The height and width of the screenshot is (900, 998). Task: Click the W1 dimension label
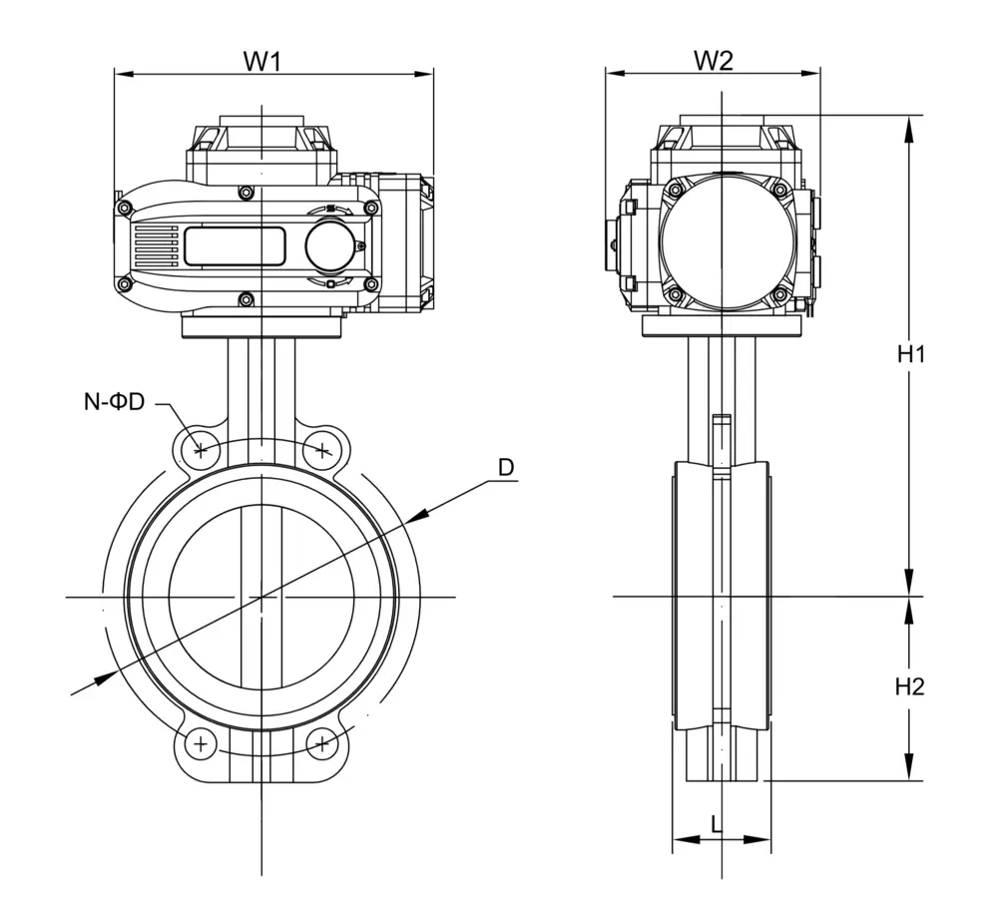(262, 60)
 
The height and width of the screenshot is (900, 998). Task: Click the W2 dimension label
(714, 60)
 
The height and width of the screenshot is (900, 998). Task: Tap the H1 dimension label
(910, 353)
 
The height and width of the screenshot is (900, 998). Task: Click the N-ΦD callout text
(114, 402)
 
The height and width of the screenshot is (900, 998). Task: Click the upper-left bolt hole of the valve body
(202, 449)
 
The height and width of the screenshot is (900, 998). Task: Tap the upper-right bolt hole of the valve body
(322, 449)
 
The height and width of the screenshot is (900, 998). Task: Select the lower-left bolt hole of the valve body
(202, 743)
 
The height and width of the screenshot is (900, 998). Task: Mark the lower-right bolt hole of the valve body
(322, 743)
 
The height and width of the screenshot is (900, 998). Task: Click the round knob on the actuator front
(329, 244)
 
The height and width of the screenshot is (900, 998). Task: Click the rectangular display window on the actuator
(235, 245)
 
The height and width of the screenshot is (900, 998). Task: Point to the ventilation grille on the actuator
(155, 245)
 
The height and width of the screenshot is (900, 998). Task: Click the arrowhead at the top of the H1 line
(909, 125)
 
